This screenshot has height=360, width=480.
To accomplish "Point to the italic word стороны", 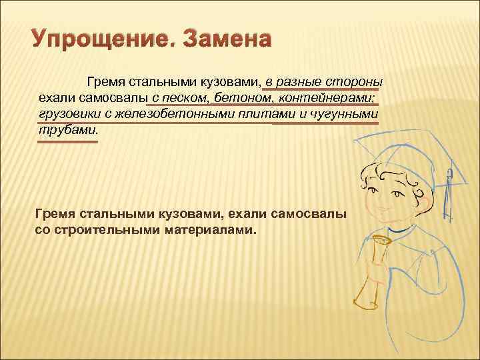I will pos(351,82).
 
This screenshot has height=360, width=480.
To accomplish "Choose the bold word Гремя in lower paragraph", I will pos(54,215).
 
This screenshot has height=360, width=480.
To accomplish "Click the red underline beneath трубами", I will pos(67,141).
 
